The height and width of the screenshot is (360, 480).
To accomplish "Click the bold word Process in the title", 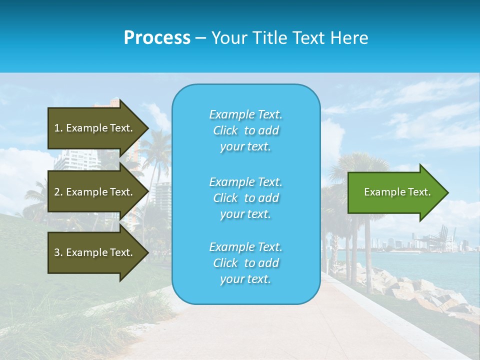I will (157, 37).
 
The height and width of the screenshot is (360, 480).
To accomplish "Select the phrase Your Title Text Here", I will (289, 38).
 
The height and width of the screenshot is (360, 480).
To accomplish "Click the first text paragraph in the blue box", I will (245, 130).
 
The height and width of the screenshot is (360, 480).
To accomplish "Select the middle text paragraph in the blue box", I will (245, 198).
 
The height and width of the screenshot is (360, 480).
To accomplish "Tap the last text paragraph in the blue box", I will (245, 263).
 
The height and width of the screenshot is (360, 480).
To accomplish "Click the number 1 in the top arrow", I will (57, 128).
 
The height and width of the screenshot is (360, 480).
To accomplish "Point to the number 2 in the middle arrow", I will (57, 192).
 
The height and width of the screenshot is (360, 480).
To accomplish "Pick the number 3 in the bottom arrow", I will (57, 252).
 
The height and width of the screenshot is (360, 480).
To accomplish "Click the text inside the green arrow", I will (397, 192).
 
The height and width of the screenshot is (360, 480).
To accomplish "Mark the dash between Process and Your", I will (200, 38).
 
